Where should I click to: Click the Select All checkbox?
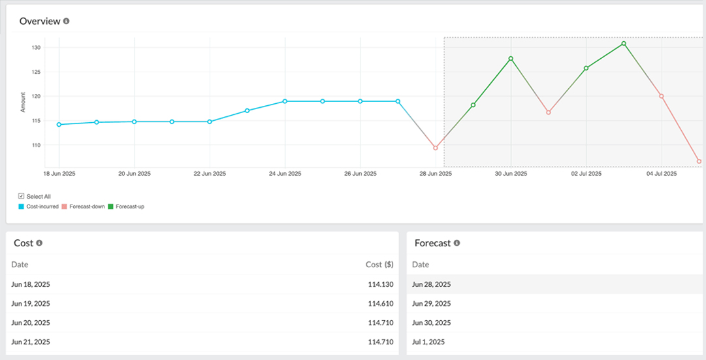[22, 196]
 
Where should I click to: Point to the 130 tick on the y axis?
[36, 48]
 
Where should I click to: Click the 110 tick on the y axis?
[36, 145]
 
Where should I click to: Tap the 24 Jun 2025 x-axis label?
[285, 174]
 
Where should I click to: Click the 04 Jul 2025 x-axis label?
[661, 174]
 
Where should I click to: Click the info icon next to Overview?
[66, 21]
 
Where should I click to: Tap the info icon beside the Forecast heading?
[457, 243]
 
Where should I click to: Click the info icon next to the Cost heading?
[39, 243]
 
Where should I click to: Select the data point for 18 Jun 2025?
[59, 124]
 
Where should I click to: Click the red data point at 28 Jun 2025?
[436, 148]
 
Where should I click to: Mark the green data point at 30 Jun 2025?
[511, 58]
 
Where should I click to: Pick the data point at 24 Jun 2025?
[285, 101]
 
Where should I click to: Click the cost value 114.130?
[380, 284]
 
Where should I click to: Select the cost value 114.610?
[380, 303]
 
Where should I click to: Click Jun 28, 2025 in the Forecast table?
[431, 284]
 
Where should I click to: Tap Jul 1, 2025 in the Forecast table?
[428, 342]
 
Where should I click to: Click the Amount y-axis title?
[24, 103]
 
